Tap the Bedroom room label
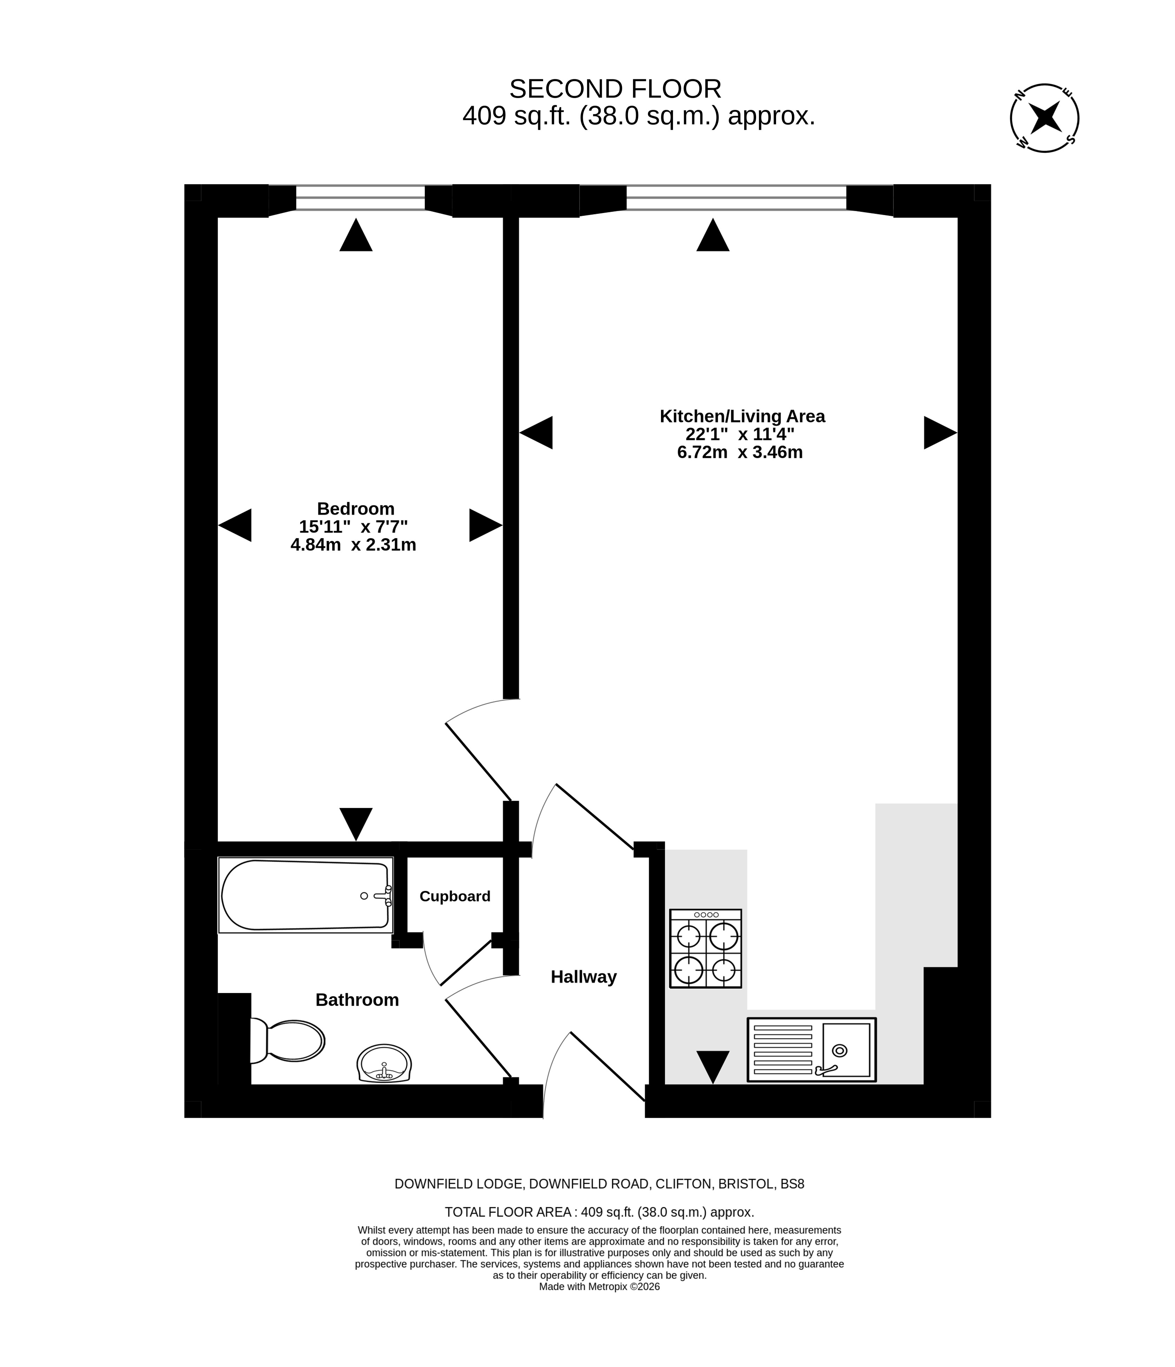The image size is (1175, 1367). [356, 509]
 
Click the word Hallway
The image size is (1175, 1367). [583, 976]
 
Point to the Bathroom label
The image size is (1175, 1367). [357, 1000]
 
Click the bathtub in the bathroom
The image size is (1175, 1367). [306, 895]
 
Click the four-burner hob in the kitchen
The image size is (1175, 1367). [705, 948]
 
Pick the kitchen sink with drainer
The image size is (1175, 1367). [812, 1049]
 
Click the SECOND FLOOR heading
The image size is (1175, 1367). [615, 88]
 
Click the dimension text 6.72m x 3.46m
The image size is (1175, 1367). [740, 452]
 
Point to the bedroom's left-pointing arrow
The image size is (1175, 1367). [235, 525]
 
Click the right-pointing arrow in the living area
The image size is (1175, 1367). [940, 433]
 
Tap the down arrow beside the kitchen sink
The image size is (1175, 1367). [713, 1067]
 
